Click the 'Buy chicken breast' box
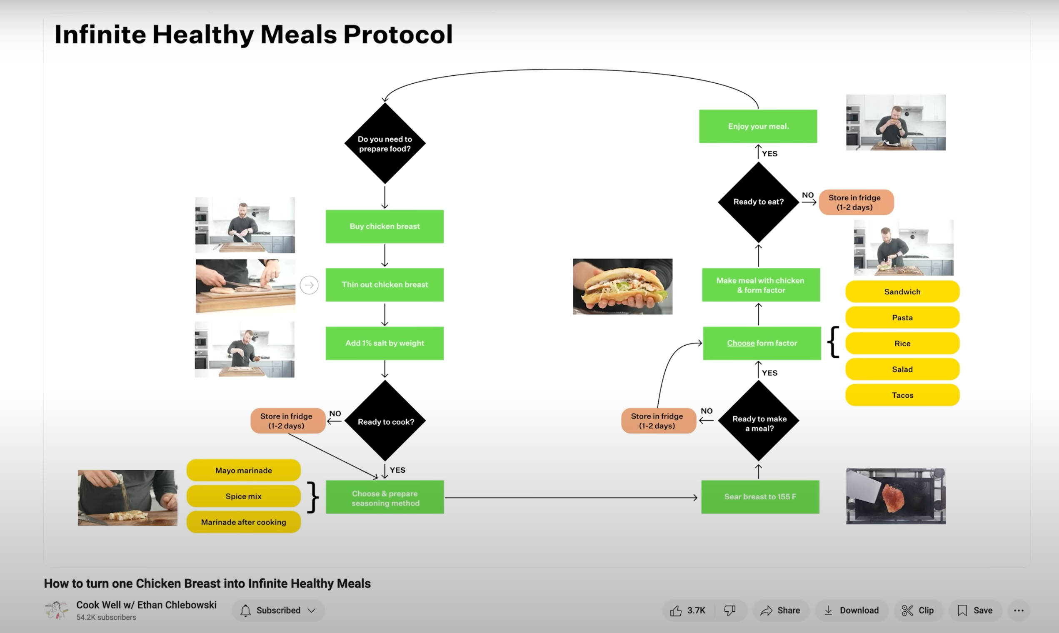coord(385,227)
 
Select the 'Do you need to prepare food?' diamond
coord(385,144)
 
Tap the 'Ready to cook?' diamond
coord(385,421)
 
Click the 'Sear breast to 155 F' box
coord(760,497)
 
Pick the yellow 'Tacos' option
coord(902,395)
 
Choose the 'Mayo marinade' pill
coord(243,471)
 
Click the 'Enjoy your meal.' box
coord(758,126)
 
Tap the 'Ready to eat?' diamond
coord(758,202)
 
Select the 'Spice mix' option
coord(243,496)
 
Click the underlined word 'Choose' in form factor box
coord(740,343)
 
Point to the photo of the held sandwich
coord(622,286)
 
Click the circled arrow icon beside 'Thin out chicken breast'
coord(309,285)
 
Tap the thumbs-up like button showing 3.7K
coord(687,611)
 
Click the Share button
coord(780,611)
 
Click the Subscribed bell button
coord(278,611)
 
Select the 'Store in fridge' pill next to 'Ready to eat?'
coord(855,202)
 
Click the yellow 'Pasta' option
coord(902,317)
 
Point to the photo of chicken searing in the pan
coord(896,496)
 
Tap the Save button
coord(975,611)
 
